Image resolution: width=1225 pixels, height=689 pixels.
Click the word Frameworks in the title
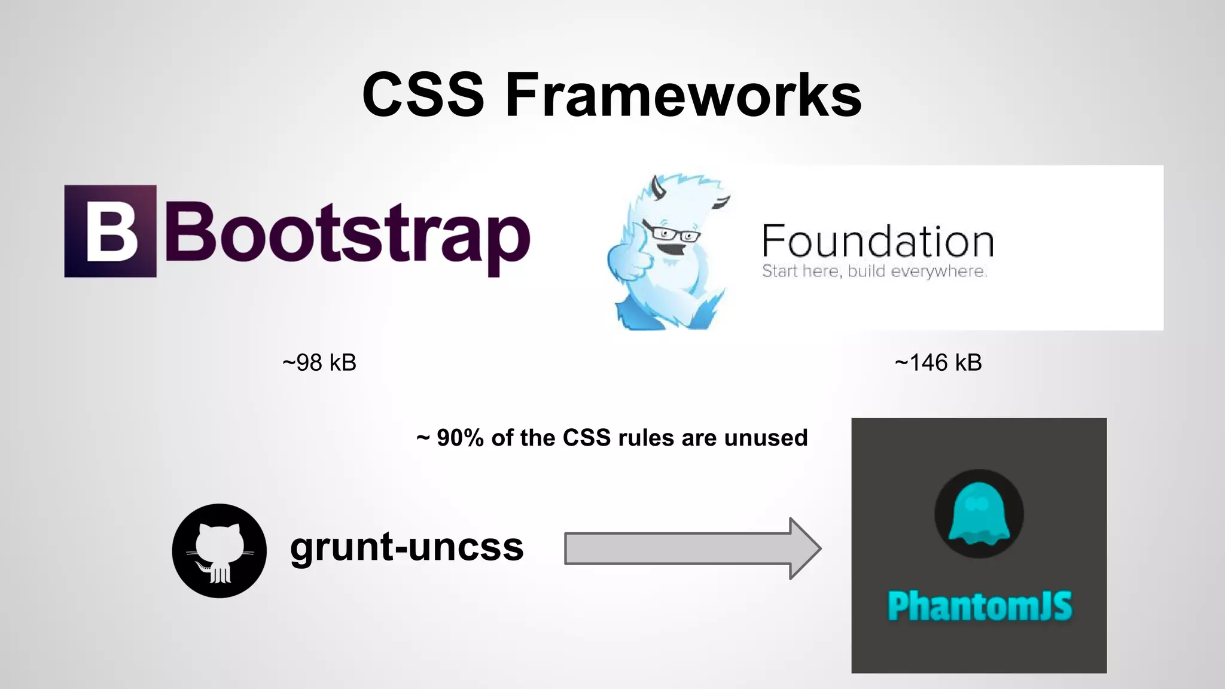click(683, 95)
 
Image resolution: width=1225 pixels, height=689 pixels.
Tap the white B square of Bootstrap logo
click(111, 231)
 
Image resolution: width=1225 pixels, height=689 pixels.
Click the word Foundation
click(877, 242)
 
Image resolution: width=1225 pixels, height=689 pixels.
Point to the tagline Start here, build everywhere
click(874, 272)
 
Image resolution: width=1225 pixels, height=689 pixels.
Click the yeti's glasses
click(673, 233)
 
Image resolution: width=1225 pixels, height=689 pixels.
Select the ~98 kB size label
click(319, 362)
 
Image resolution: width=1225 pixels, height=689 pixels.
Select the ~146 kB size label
click(938, 362)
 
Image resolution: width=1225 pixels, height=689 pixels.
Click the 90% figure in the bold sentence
click(459, 438)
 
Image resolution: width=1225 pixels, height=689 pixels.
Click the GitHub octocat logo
click(220, 550)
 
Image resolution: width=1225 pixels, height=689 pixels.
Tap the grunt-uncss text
click(407, 547)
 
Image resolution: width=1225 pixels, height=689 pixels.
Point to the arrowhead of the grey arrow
click(805, 548)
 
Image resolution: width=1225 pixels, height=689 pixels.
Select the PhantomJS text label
click(979, 606)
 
